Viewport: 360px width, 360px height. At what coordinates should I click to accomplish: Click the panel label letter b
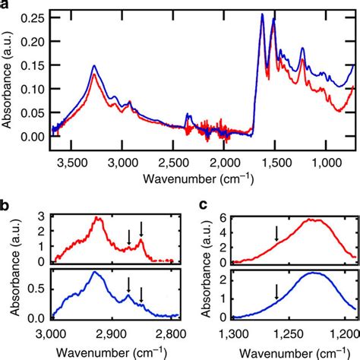[x=5, y=204]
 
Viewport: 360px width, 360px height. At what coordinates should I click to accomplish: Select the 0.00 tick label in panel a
[x=32, y=137]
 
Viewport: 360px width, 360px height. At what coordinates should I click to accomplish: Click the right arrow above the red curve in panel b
[x=141, y=229]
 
